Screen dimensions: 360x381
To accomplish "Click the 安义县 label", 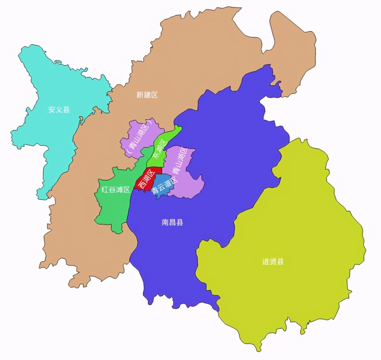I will pyautogui.click(x=59, y=110).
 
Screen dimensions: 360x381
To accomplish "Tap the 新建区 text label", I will pyautogui.click(x=147, y=95).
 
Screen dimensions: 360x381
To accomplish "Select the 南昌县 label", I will pyautogui.click(x=173, y=222).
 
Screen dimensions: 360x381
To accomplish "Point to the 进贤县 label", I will pyautogui.click(x=273, y=262).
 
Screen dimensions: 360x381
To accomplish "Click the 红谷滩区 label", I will pyautogui.click(x=116, y=189).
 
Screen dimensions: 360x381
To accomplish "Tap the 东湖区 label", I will pyautogui.click(x=160, y=149).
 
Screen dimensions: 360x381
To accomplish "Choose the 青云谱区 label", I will pyautogui.click(x=165, y=186).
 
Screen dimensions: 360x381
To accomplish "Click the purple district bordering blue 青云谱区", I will pyautogui.click(x=189, y=183).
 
